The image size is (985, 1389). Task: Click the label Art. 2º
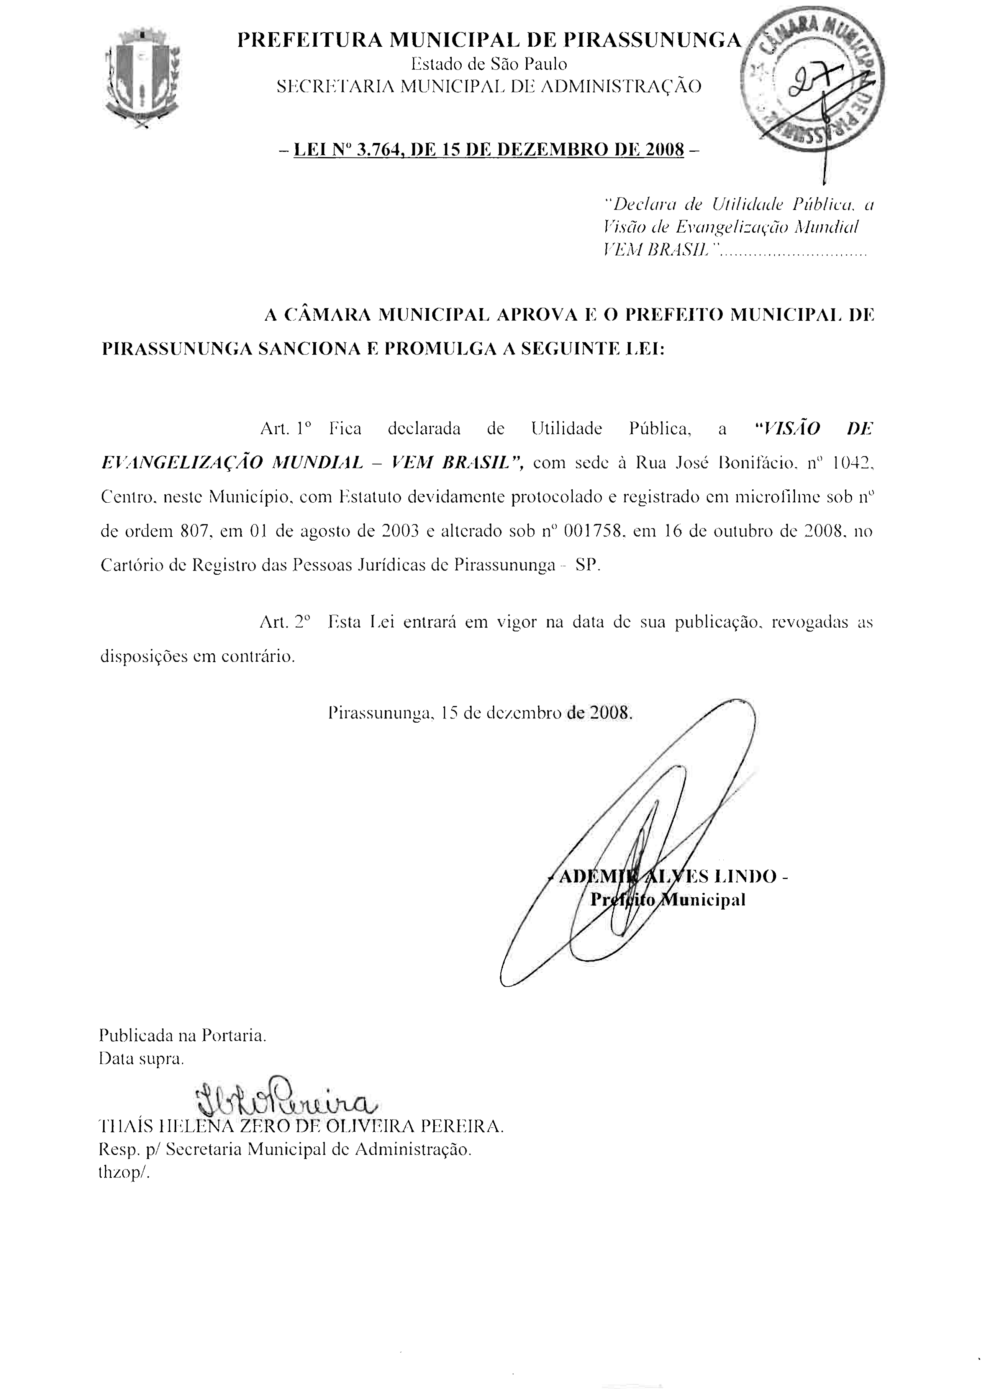tap(284, 622)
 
